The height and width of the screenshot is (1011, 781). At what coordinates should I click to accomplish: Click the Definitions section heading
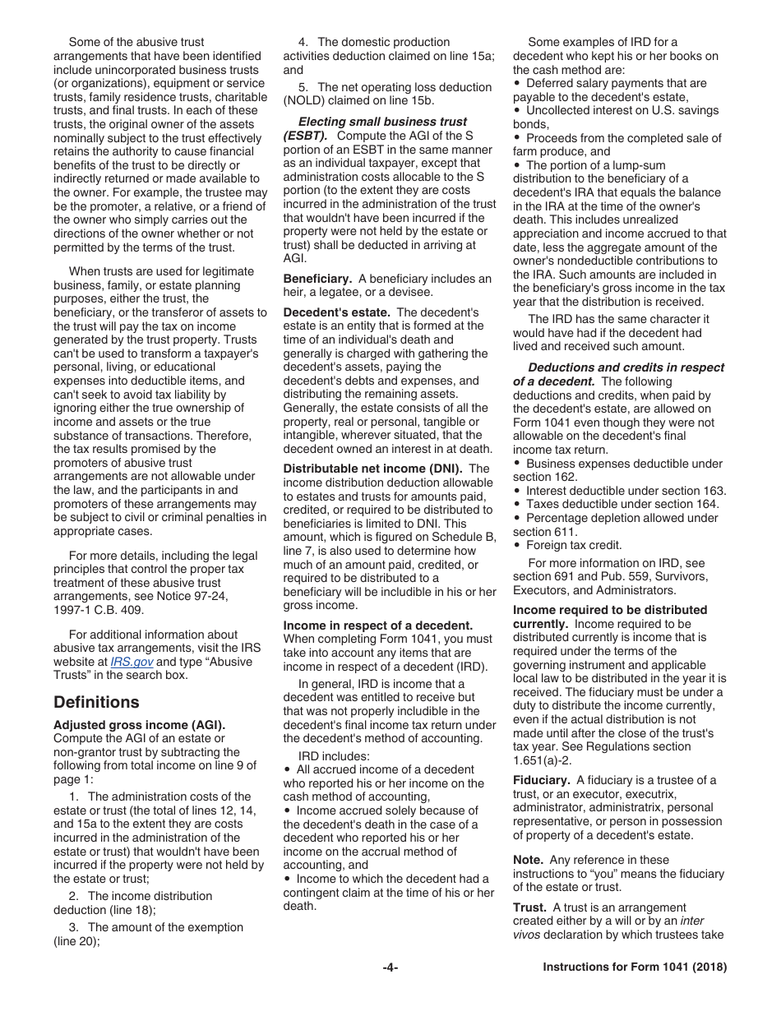[x=96, y=702]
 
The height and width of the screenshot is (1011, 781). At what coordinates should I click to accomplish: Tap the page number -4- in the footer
[x=390, y=968]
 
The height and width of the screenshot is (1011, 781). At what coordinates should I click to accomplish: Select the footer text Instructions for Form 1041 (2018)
[x=635, y=968]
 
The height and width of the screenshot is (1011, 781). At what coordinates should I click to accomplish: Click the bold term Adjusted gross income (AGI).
[x=139, y=725]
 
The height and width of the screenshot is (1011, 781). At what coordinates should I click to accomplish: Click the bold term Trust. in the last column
[x=529, y=907]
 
